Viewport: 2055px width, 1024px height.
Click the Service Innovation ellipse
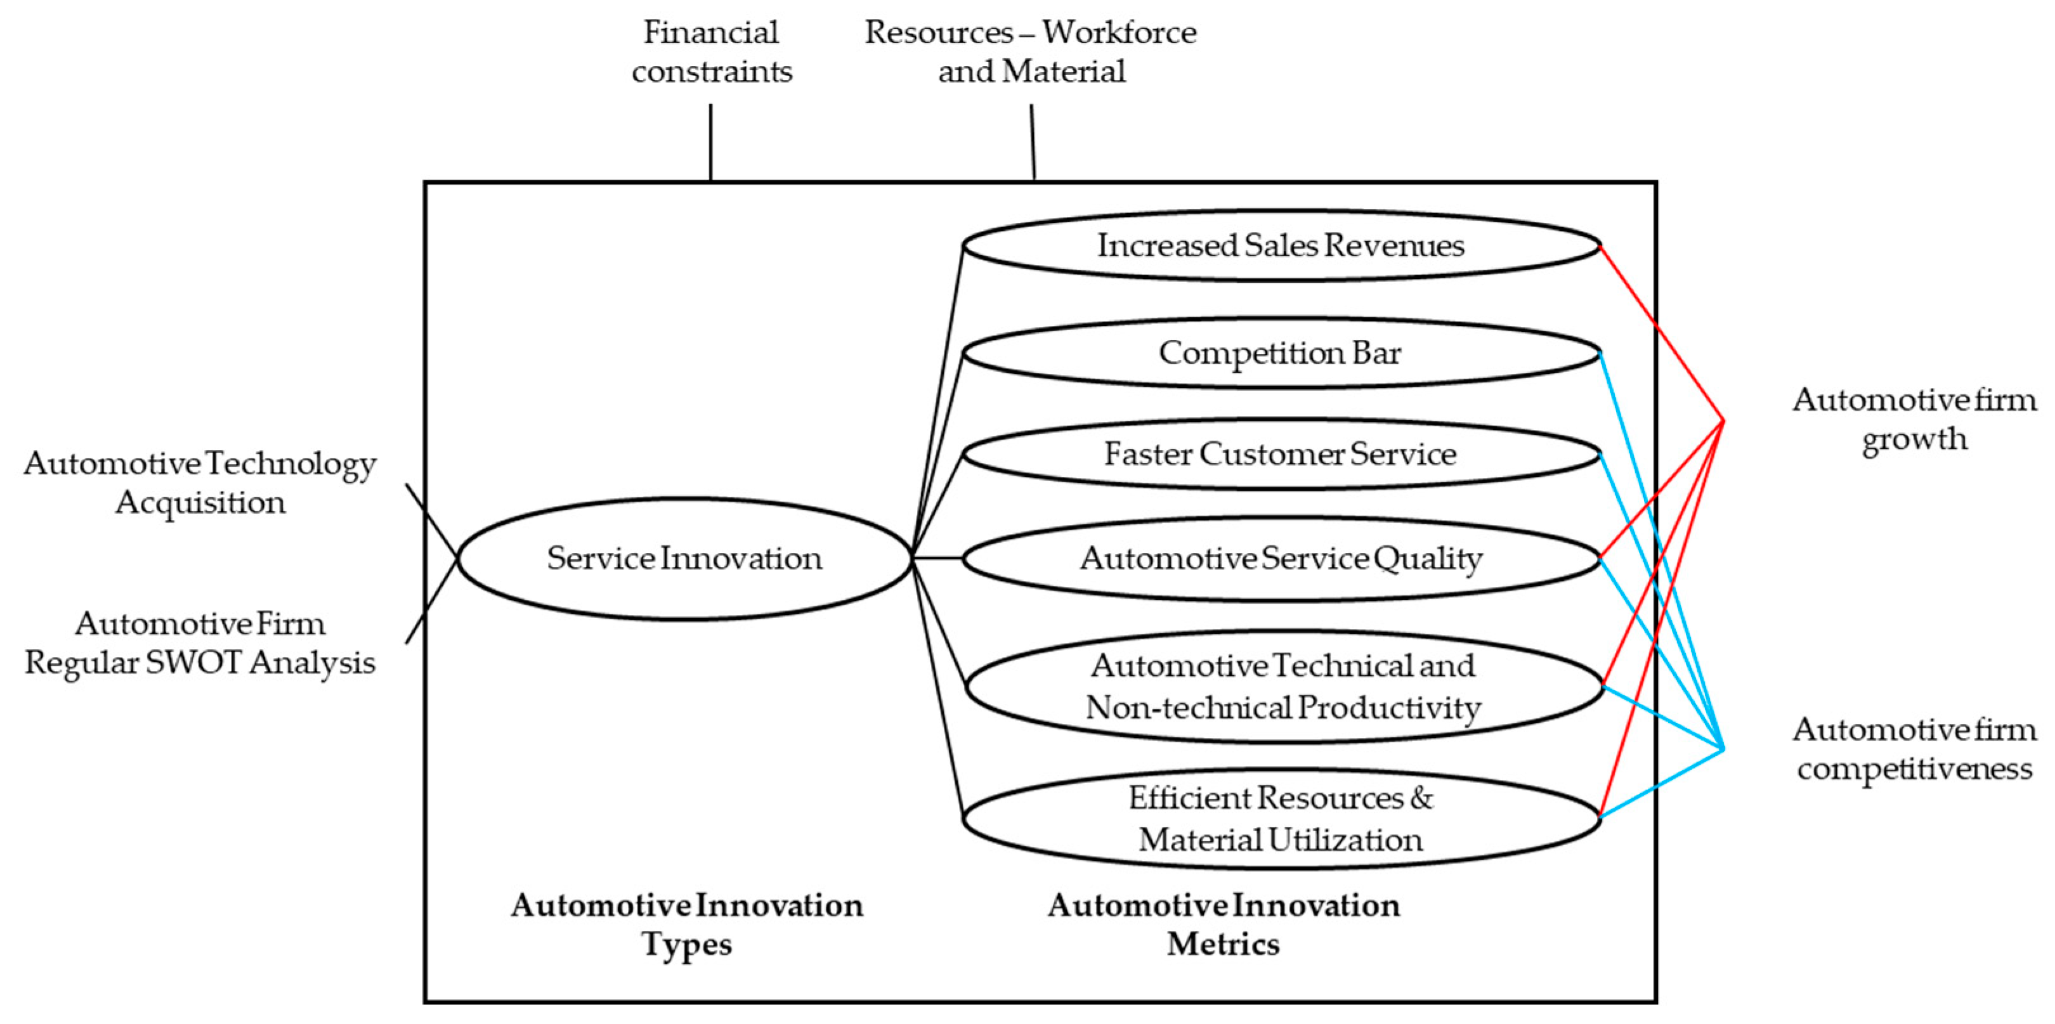pyautogui.click(x=684, y=558)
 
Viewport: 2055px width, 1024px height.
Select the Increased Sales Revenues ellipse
pyautogui.click(x=1281, y=245)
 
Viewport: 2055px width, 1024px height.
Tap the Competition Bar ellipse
pyautogui.click(x=1281, y=353)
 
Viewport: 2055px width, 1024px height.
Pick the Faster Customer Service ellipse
pyautogui.click(x=1281, y=455)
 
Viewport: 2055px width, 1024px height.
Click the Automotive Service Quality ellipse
pyautogui.click(x=1281, y=558)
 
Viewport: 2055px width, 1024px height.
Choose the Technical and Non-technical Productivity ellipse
pyautogui.click(x=1282, y=687)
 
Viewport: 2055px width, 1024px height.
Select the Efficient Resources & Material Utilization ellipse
pyautogui.click(x=1281, y=818)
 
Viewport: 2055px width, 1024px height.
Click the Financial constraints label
pyautogui.click(x=711, y=52)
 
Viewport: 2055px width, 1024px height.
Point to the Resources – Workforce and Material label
pyautogui.click(x=1031, y=52)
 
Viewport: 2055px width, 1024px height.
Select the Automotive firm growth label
pyautogui.click(x=1914, y=418)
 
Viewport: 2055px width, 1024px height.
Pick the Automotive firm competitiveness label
pyautogui.click(x=1914, y=749)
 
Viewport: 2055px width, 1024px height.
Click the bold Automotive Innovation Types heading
pyautogui.click(x=687, y=924)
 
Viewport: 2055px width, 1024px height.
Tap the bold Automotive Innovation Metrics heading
pyautogui.click(x=1223, y=924)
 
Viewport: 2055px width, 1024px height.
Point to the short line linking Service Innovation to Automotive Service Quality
pyautogui.click(x=937, y=558)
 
